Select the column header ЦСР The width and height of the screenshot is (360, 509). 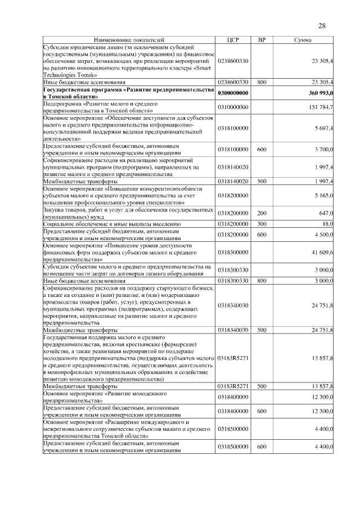click(233, 40)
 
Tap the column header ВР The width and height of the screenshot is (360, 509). click(261, 40)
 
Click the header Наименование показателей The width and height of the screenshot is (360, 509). click(129, 40)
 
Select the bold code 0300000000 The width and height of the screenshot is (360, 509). click(233, 93)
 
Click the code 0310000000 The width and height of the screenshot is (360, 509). click(233, 107)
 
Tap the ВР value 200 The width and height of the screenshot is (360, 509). click(261, 213)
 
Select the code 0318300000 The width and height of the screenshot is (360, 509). click(233, 253)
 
